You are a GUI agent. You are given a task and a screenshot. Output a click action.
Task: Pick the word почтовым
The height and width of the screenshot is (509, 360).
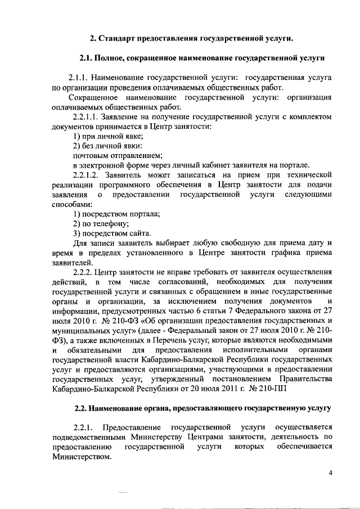coord(92,155)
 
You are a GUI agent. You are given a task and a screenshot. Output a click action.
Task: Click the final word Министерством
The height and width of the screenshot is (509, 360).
coord(79,457)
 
